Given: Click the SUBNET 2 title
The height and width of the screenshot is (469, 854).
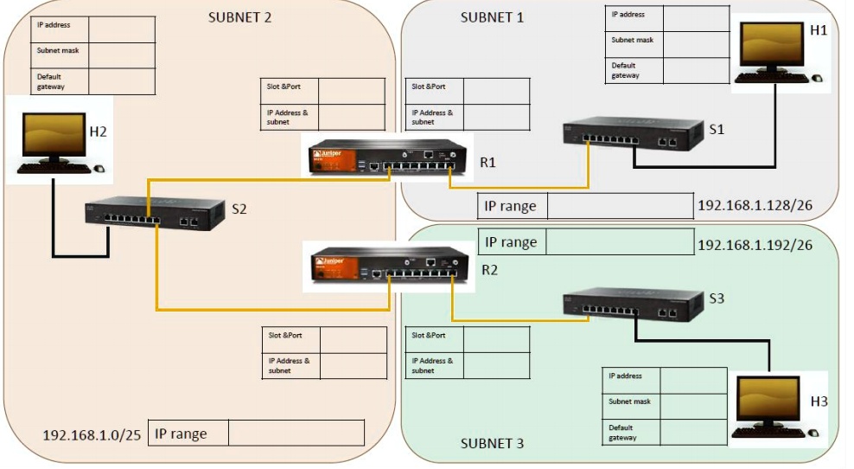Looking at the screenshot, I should (239, 17).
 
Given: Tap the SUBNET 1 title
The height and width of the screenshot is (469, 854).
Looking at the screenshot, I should (492, 17).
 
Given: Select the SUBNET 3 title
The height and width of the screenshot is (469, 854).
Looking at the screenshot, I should (492, 443).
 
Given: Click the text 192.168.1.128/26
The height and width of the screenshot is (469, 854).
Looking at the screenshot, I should (755, 207).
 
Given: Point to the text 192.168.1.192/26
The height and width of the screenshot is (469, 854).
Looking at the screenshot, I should (755, 245).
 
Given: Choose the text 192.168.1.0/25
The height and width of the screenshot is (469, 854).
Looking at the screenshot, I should (92, 434).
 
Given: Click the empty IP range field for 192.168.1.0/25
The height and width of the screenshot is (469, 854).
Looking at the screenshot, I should (294, 433).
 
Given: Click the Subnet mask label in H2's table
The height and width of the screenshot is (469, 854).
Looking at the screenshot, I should (59, 51).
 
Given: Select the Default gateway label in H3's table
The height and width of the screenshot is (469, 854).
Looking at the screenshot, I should (622, 433).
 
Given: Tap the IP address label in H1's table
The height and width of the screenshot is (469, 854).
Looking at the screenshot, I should (628, 15).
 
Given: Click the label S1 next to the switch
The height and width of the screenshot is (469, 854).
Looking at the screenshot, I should (717, 129).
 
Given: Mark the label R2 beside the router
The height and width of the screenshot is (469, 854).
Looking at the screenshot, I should (489, 269).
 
